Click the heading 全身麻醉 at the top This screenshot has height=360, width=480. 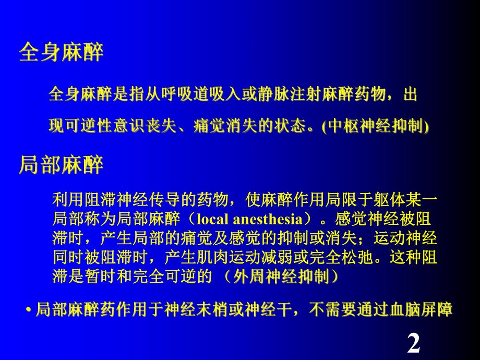(x=61, y=53)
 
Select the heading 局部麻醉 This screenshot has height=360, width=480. (x=61, y=165)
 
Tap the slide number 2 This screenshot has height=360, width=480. (x=413, y=344)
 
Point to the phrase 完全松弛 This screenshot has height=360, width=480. (x=322, y=257)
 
